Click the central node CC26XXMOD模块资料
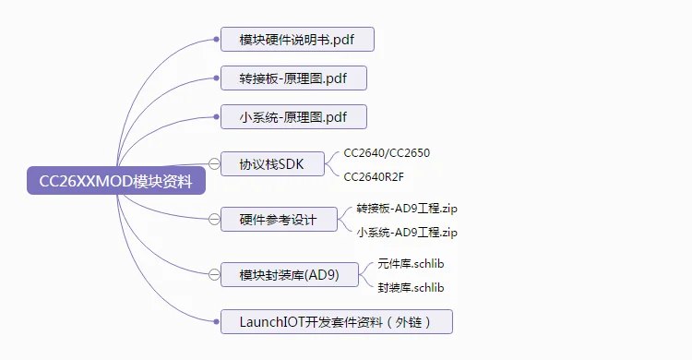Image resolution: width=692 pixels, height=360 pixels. pos(115,181)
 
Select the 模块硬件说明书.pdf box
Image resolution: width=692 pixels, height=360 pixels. pos(297,40)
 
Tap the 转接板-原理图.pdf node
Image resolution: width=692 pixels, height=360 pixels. pos(293,78)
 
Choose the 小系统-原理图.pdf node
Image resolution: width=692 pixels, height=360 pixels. pos(293,116)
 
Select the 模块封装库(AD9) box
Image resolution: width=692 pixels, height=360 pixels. pos(289,275)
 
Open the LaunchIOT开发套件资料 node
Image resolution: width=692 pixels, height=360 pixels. pos(337,321)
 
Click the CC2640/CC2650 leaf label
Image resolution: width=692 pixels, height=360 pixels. pos(387,152)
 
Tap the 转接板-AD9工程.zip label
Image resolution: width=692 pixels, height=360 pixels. pos(406,209)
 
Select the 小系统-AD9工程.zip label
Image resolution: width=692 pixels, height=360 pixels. pos(406,232)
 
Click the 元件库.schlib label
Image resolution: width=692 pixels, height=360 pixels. pos(411,264)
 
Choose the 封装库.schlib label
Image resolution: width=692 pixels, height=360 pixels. pos(411,287)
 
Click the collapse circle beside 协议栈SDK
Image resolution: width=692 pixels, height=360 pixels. pos(214,164)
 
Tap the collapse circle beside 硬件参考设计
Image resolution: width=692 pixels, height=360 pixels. pos(214,220)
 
